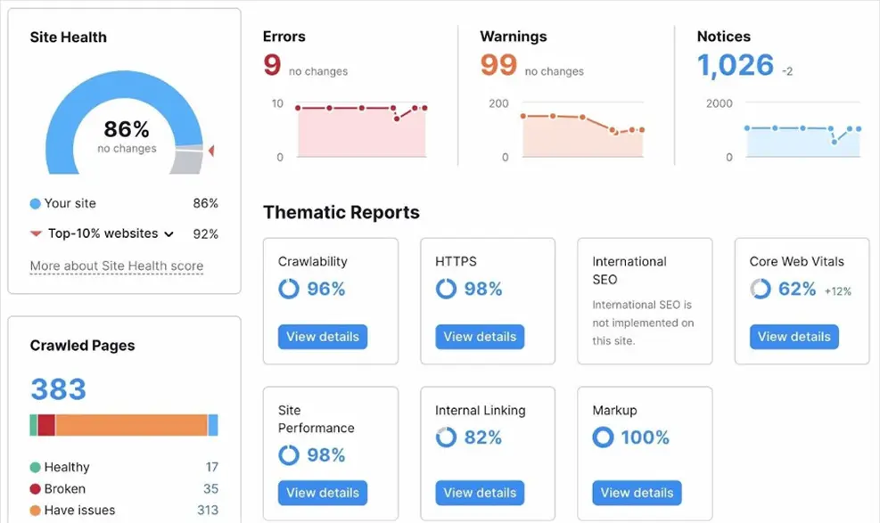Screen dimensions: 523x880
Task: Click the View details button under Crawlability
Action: click(x=323, y=337)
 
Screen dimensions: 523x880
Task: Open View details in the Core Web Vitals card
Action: click(x=794, y=337)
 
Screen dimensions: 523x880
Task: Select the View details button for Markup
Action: click(x=637, y=493)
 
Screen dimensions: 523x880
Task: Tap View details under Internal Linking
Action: click(x=480, y=493)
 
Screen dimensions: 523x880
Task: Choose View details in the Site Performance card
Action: click(x=323, y=493)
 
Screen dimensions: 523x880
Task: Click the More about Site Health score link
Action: click(x=117, y=266)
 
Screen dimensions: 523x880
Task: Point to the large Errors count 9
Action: click(x=272, y=65)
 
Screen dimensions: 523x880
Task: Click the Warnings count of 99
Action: click(x=498, y=65)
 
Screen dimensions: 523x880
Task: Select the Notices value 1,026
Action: click(x=736, y=65)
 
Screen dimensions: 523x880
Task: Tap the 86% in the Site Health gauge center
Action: click(x=127, y=130)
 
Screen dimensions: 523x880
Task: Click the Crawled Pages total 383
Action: click(x=58, y=389)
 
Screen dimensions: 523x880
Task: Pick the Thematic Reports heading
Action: click(x=341, y=213)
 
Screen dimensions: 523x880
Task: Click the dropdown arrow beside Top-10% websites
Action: click(x=168, y=234)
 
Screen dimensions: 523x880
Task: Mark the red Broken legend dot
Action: click(x=35, y=489)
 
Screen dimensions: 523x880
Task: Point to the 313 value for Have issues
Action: click(x=207, y=511)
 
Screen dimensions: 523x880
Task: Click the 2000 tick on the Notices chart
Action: click(x=719, y=103)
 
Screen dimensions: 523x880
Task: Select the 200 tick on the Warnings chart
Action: click(x=498, y=103)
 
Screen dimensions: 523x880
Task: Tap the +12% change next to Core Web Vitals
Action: click(x=837, y=290)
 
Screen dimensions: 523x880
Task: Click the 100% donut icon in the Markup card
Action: click(x=604, y=437)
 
